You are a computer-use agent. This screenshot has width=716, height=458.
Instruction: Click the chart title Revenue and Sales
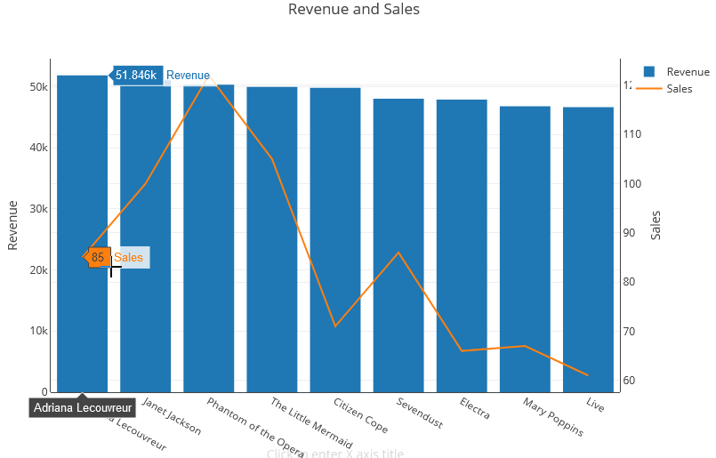click(353, 10)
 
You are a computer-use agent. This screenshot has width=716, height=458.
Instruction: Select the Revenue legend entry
click(687, 72)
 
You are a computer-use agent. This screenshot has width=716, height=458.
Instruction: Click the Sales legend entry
click(679, 88)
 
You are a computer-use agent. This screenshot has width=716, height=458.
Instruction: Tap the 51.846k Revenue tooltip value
click(136, 76)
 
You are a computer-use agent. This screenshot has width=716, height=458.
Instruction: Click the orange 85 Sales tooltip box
click(98, 258)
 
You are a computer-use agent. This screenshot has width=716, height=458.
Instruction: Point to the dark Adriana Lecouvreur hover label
click(83, 407)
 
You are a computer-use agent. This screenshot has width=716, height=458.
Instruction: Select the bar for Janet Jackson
click(145, 240)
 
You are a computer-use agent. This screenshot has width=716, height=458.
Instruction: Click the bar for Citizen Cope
click(334, 240)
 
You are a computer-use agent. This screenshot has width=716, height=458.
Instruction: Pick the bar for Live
click(588, 249)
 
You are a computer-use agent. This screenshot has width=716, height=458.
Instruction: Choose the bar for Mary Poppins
click(525, 249)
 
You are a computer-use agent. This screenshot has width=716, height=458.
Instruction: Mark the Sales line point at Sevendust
click(398, 253)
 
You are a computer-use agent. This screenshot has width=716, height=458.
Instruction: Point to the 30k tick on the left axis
click(37, 209)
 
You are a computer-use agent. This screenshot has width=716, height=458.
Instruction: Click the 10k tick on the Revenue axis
click(37, 331)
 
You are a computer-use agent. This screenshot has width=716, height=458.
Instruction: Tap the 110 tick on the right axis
click(633, 134)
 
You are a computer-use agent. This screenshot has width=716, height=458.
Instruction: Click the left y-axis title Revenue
click(13, 225)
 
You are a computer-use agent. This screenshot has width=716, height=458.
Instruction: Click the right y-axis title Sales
click(656, 225)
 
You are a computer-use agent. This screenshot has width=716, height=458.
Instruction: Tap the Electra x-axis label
click(475, 408)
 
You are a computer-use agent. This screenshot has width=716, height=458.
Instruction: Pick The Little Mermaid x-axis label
click(311, 423)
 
